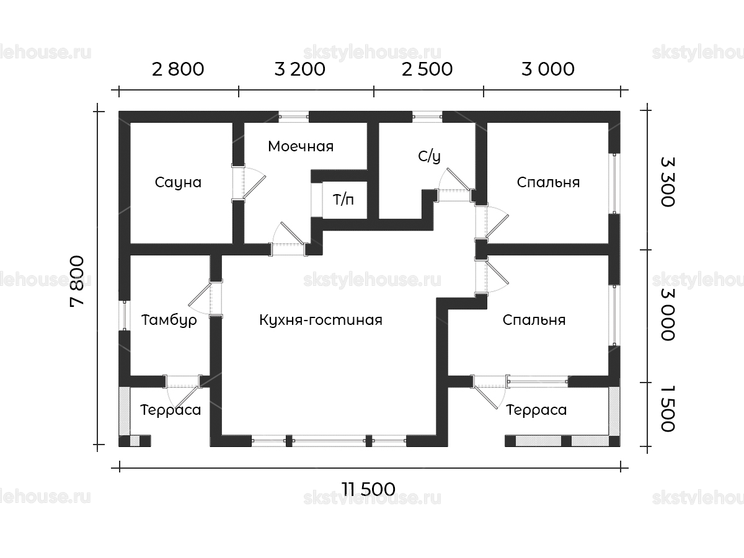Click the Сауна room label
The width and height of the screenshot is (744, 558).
coord(178,183)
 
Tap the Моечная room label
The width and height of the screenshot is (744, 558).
coord(301,146)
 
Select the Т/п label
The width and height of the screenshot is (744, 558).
coord(343,200)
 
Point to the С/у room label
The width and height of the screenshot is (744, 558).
coord(429,156)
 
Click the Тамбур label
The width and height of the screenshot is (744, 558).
coord(169,320)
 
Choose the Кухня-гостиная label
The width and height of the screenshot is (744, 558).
coord(321,320)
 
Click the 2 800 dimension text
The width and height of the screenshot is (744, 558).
coord(178,69)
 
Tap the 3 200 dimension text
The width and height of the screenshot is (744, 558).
coord(299,69)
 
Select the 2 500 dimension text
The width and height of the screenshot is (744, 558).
coord(427,69)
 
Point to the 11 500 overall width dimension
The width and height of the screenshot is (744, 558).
coord(368,489)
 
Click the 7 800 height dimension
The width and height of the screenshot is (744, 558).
coord(77,281)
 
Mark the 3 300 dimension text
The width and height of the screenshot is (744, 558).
coord(668,182)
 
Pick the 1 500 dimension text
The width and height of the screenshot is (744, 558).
coord(668,409)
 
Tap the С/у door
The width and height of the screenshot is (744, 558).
coord(454,185)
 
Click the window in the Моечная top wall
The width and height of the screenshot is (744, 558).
coord(293,117)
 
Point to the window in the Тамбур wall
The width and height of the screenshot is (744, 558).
coord(125,315)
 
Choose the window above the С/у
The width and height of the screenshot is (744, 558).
coord(427,117)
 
